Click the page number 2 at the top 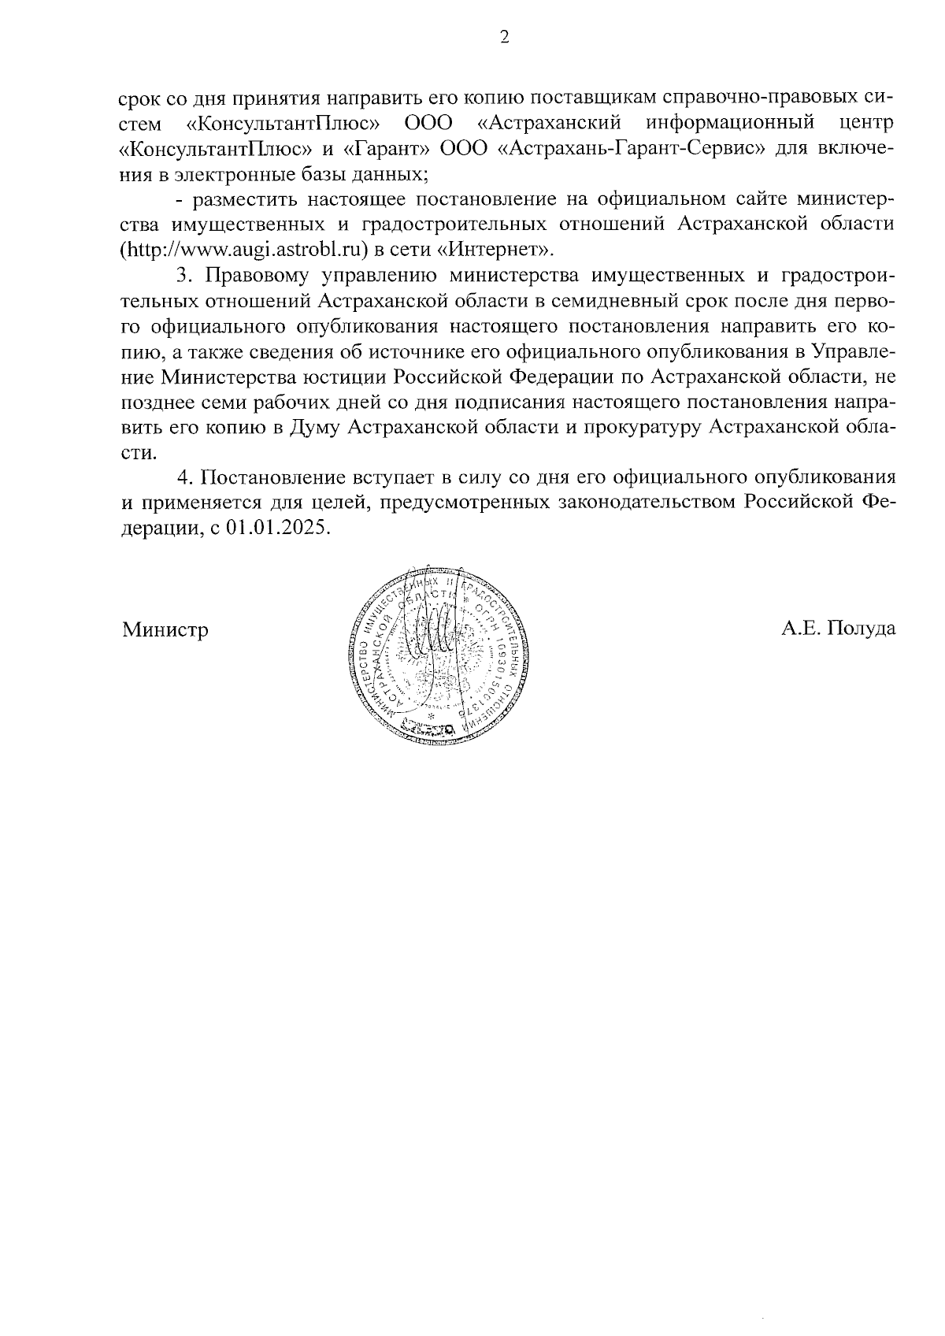(505, 37)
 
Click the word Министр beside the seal (165, 629)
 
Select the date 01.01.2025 (276, 529)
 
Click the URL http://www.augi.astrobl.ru (245, 250)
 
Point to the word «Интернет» (495, 250)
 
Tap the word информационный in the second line (729, 124)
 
